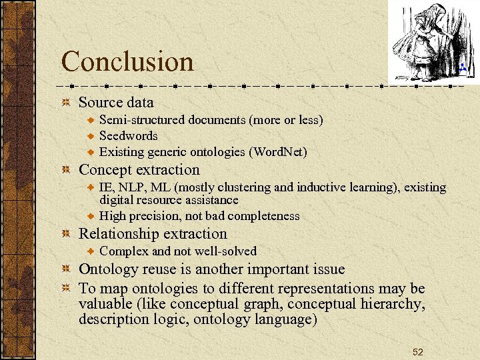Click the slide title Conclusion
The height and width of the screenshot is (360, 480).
point(127,62)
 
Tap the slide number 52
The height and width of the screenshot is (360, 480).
point(418,351)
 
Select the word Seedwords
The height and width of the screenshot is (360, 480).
point(129,136)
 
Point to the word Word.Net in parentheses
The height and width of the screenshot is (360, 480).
point(278,152)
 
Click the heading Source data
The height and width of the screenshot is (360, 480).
point(116,103)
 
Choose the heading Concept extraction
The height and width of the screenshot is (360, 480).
point(139,170)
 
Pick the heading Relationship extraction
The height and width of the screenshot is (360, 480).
point(153,234)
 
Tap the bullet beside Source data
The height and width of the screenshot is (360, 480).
point(66,103)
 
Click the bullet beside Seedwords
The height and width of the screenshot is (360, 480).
point(93,136)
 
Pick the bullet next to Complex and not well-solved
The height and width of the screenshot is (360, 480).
point(93,251)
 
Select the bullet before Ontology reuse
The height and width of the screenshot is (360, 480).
point(66,269)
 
